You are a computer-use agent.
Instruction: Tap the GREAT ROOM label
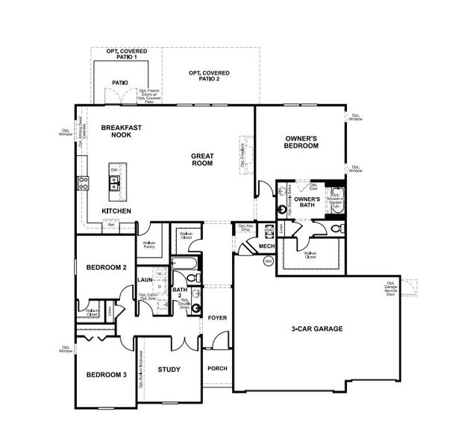click(202, 161)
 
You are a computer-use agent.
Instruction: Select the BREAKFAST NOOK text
click(122, 132)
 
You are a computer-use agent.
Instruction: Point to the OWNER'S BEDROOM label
click(302, 143)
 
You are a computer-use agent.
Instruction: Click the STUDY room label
click(169, 369)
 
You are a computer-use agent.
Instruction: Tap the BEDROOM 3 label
click(105, 375)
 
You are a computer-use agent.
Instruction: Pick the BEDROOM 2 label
click(106, 267)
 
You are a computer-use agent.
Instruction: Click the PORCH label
click(217, 368)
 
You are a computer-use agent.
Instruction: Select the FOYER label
click(217, 318)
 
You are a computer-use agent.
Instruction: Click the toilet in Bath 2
click(192, 278)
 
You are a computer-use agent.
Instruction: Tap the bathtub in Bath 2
click(184, 263)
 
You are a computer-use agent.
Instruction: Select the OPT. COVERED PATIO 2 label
click(209, 75)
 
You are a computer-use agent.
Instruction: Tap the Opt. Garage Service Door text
click(391, 288)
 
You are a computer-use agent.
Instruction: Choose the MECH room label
click(266, 246)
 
